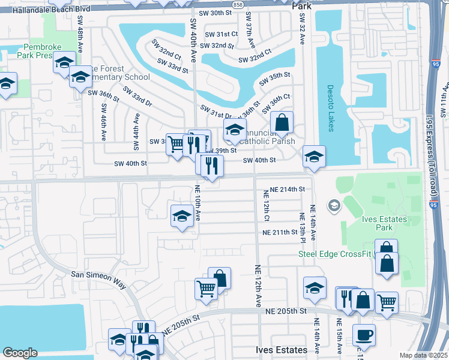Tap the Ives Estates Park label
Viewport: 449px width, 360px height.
tap(385, 223)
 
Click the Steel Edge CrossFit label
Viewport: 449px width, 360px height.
tap(336, 254)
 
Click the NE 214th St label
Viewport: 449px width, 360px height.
tap(288, 189)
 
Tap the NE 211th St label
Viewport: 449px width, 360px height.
tap(284, 232)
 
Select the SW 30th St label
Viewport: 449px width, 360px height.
tap(217, 13)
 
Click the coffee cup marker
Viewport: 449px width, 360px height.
tap(364, 334)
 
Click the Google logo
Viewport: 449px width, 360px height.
tap(20, 353)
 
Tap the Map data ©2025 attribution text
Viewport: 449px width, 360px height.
tap(423, 355)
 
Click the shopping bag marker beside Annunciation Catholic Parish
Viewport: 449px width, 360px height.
tap(282, 122)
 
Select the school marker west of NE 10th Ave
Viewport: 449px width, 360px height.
tap(181, 217)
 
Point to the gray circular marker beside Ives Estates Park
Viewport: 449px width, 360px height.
tap(334, 206)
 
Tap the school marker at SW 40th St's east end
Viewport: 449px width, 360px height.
tap(314, 156)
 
